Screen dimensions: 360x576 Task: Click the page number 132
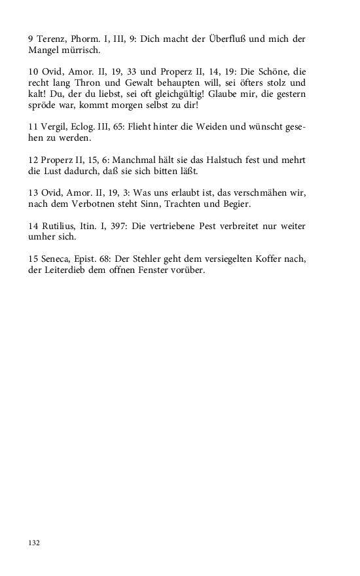tap(34, 543)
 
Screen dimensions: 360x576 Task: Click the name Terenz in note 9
tap(50, 39)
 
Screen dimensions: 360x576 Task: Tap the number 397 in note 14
tap(128, 226)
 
